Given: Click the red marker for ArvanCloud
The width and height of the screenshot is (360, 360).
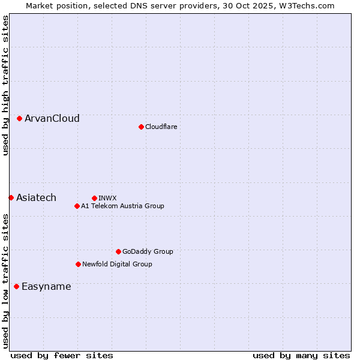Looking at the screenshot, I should click(x=20, y=119).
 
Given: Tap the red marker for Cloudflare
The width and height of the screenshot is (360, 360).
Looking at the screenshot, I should click(x=141, y=127).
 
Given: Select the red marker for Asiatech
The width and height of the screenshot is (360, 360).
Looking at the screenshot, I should click(x=11, y=197).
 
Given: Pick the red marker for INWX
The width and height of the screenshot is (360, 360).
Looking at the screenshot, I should click(x=94, y=198).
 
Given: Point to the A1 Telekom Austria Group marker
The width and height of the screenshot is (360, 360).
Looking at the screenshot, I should click(x=77, y=206).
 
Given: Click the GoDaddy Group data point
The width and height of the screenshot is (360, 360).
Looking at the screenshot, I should click(x=118, y=251).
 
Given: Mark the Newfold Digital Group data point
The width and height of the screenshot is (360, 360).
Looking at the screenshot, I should click(x=78, y=264).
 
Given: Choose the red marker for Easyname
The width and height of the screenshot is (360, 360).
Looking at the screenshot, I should click(x=16, y=286).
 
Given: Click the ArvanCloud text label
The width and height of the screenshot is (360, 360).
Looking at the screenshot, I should click(x=52, y=119).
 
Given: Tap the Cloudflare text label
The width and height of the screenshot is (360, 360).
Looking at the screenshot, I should click(x=161, y=127).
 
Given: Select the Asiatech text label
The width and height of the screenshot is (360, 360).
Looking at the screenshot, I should click(x=36, y=198).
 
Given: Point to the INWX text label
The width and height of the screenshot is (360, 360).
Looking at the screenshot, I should click(x=107, y=198).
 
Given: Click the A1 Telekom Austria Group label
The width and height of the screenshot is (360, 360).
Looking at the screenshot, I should click(x=122, y=206).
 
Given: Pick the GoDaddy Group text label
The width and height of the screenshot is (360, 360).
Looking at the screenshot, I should click(x=148, y=251).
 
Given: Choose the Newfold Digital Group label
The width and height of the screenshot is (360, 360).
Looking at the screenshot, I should click(x=117, y=264).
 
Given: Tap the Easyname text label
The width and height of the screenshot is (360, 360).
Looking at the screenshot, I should click(x=46, y=287).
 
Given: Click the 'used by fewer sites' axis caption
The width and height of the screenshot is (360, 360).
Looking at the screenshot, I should click(x=62, y=355).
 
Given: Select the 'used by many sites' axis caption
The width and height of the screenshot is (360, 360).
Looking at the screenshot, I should click(x=301, y=355).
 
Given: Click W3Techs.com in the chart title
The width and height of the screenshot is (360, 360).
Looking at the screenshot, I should click(x=307, y=5).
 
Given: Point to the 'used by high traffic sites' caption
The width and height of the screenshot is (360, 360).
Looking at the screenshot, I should click(x=5, y=85).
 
